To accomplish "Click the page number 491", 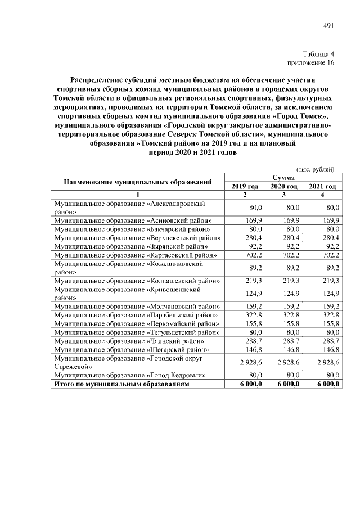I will coord(329,26).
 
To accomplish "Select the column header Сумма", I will coord(283,177).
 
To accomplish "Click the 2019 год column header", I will coord(245,186).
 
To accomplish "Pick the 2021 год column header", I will coord(322,186).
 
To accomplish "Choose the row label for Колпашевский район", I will coord(136,280).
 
